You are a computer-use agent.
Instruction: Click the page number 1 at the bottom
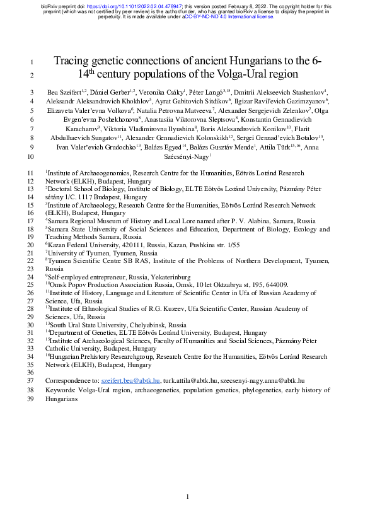click(x=187, y=497)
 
